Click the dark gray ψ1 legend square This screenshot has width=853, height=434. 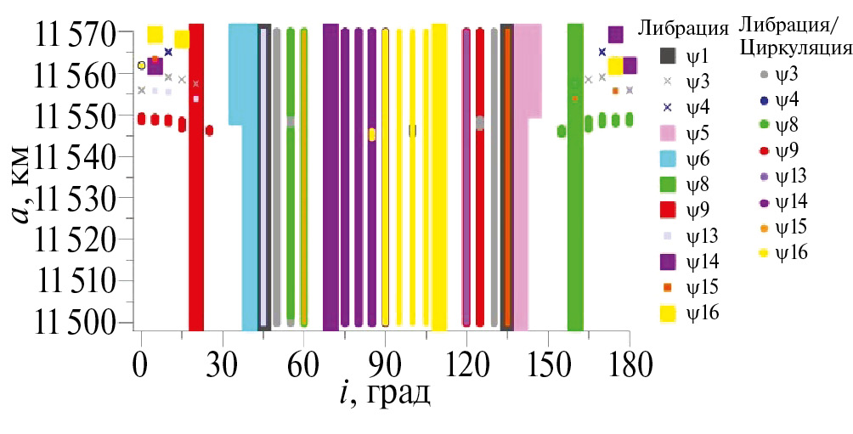point(668,55)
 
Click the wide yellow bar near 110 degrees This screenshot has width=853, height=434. point(439,178)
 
